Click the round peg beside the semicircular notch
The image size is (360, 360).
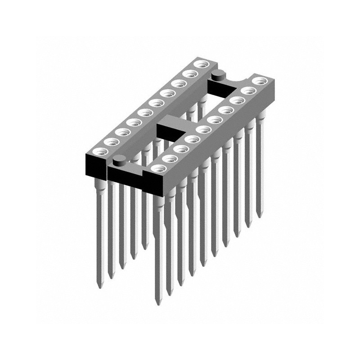(219, 75)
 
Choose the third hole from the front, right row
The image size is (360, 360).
(180, 148)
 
